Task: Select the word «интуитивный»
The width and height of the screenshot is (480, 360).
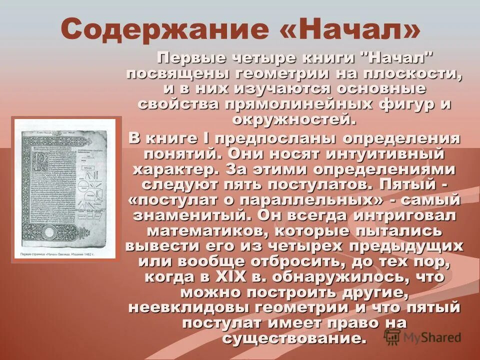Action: (x=388, y=153)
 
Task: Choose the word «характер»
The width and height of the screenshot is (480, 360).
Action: (x=175, y=169)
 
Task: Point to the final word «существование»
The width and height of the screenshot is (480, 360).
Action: (x=292, y=338)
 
